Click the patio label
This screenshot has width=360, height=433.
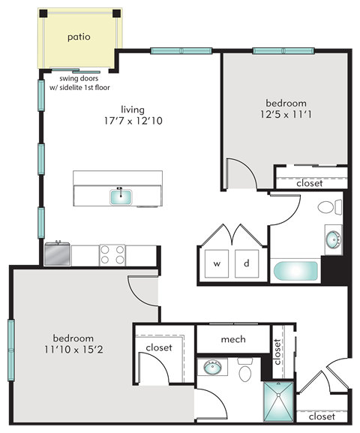pos(79,36)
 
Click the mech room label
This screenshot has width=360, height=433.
pos(233,339)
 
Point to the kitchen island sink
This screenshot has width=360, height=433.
pos(121,197)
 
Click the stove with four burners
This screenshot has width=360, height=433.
pos(112,255)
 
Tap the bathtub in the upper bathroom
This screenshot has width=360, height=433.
pos(295,271)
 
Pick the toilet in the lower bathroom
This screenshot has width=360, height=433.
pos(244,371)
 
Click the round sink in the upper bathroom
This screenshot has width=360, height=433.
pos(332,240)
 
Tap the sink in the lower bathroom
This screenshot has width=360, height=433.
pos(213,368)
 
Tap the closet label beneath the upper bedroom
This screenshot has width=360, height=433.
pos(309,182)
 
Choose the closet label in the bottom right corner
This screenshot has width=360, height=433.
pos(321,416)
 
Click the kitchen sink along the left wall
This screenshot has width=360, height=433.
pos(57,254)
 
